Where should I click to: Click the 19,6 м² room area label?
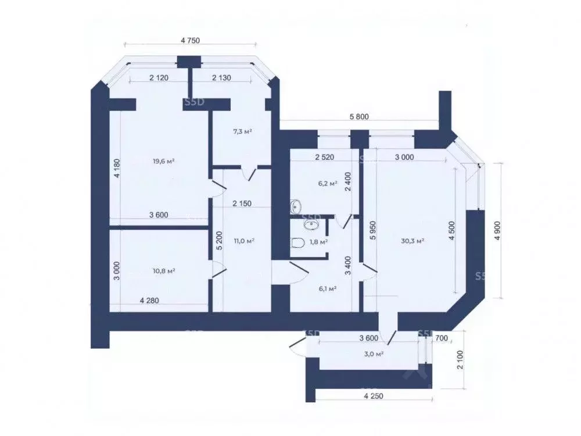[x=163, y=161]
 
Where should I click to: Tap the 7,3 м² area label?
[x=243, y=131]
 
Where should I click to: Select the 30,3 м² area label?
[x=413, y=241]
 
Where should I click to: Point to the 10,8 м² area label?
[x=164, y=271]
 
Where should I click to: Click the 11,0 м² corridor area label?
[x=244, y=241]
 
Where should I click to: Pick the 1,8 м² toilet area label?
[x=318, y=242]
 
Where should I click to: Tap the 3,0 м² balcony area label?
[x=374, y=353]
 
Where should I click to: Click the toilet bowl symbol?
[x=298, y=243]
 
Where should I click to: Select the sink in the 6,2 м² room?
[x=295, y=205]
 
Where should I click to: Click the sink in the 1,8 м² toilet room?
[x=310, y=224]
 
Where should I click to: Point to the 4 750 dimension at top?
[x=190, y=41]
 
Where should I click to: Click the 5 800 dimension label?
[x=359, y=117]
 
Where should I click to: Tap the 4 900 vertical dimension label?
[x=497, y=230]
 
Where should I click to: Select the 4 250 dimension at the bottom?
[x=374, y=396]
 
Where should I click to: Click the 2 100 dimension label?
[x=460, y=360]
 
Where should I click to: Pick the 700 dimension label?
[x=442, y=338]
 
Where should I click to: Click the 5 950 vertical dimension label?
[x=373, y=230]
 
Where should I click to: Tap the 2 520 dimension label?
[x=325, y=157]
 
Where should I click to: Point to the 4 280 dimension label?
[x=149, y=301]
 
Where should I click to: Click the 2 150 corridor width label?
[x=242, y=203]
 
